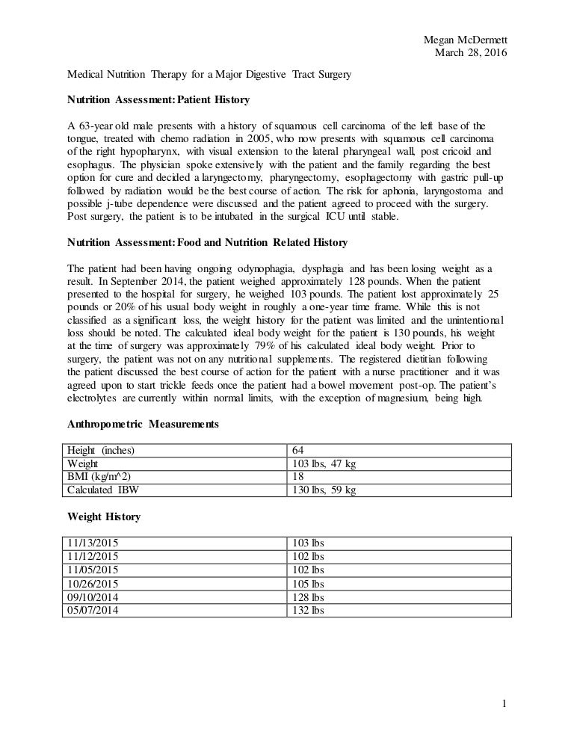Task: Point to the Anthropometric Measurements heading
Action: coord(143,424)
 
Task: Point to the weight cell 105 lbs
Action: coord(308,583)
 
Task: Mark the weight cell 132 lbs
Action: coord(308,610)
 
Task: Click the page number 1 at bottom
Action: coord(506,703)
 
